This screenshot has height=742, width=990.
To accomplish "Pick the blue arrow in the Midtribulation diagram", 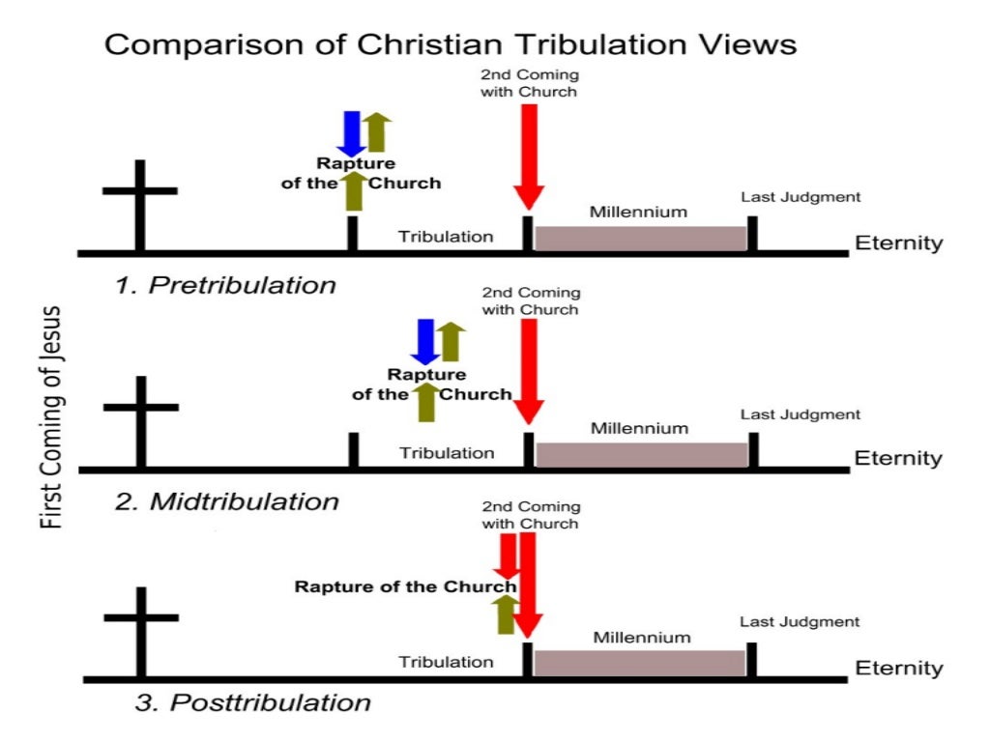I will (x=424, y=341).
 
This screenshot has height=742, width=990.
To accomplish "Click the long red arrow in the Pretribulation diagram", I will (x=527, y=155).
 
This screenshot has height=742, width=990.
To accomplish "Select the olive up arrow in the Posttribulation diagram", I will (x=505, y=614).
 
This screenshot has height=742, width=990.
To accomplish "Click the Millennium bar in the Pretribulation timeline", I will (x=640, y=239).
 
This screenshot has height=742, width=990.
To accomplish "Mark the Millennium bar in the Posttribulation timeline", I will (x=640, y=663).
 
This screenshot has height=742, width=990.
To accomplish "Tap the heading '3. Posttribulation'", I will (x=252, y=702).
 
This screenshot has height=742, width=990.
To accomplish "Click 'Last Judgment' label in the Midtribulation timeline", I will (x=800, y=414).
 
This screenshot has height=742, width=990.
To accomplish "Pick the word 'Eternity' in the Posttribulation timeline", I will (x=897, y=669).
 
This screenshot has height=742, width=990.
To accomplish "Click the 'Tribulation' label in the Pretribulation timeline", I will (x=447, y=237).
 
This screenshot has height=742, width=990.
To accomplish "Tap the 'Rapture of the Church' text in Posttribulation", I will (x=405, y=586).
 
